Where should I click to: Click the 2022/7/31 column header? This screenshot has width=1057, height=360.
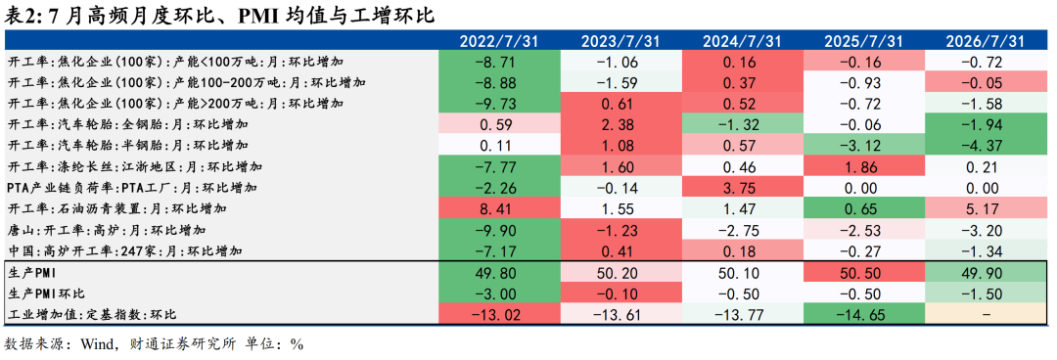pyautogui.click(x=498, y=41)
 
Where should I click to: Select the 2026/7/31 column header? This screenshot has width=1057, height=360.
pyautogui.click(x=984, y=41)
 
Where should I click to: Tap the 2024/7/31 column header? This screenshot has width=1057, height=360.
pyautogui.click(x=741, y=41)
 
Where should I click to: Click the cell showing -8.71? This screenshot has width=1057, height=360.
pyautogui.click(x=498, y=62)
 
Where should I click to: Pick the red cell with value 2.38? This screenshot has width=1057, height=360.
pyautogui.click(x=620, y=124)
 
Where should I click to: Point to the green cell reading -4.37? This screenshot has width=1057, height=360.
pyautogui.click(x=984, y=146)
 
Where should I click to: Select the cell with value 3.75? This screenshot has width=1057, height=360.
pyautogui.click(x=741, y=188)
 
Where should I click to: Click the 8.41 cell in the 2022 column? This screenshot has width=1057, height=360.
pyautogui.click(x=498, y=208)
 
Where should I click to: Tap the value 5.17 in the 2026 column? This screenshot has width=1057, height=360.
pyautogui.click(x=984, y=208)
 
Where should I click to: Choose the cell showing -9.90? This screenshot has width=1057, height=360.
pyautogui.click(x=498, y=229)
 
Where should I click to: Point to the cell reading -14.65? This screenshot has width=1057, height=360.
pyautogui.click(x=862, y=313)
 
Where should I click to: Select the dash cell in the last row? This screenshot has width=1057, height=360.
pyautogui.click(x=984, y=313)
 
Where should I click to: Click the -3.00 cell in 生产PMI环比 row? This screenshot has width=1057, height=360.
pyautogui.click(x=498, y=292)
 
